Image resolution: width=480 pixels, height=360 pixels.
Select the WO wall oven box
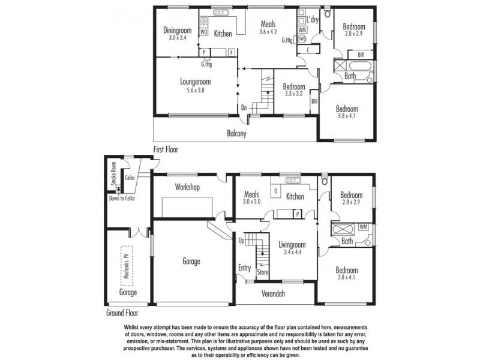point(203,32)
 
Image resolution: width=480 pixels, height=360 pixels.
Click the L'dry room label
point(312,20)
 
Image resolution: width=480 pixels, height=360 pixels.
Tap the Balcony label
point(236,134)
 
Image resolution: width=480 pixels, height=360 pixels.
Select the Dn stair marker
point(244,108)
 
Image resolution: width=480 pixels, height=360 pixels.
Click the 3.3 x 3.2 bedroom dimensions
point(294,94)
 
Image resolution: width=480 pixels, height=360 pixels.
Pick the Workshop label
point(187,187)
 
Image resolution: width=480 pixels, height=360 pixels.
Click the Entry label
point(244,268)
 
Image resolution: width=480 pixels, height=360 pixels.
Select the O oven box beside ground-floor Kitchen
point(275,191)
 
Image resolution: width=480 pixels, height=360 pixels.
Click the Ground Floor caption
point(123,313)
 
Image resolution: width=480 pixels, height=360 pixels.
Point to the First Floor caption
point(166,149)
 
